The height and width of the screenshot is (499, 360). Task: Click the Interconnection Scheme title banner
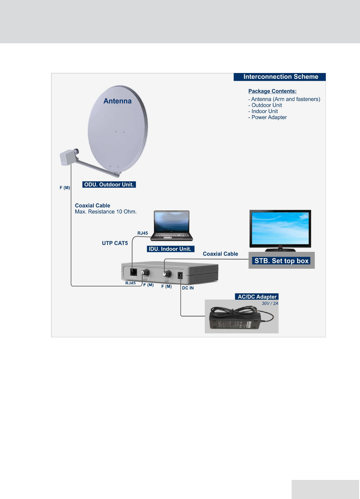coord(280,77)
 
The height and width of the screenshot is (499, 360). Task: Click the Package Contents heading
coord(272,91)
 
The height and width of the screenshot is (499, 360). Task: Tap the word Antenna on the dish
coord(117,101)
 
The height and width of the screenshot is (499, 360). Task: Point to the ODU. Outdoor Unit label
coord(109,185)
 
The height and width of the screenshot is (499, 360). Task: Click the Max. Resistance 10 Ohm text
coord(106,212)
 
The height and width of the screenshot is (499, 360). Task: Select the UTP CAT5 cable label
coord(115,243)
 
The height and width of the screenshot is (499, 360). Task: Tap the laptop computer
coord(172,225)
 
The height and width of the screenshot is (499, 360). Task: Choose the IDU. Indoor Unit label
coord(170,249)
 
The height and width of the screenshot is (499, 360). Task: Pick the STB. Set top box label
coord(281,261)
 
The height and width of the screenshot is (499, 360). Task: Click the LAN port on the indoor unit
coord(133,272)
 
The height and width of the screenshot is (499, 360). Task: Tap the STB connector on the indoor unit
coord(166,274)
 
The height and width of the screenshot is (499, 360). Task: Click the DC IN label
coord(188,288)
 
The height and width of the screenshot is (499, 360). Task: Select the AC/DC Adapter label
coord(257,297)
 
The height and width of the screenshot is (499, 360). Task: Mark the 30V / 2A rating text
coord(270,303)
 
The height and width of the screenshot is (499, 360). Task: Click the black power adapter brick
coord(234,322)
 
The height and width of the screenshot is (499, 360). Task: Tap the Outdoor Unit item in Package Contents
coord(267,105)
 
